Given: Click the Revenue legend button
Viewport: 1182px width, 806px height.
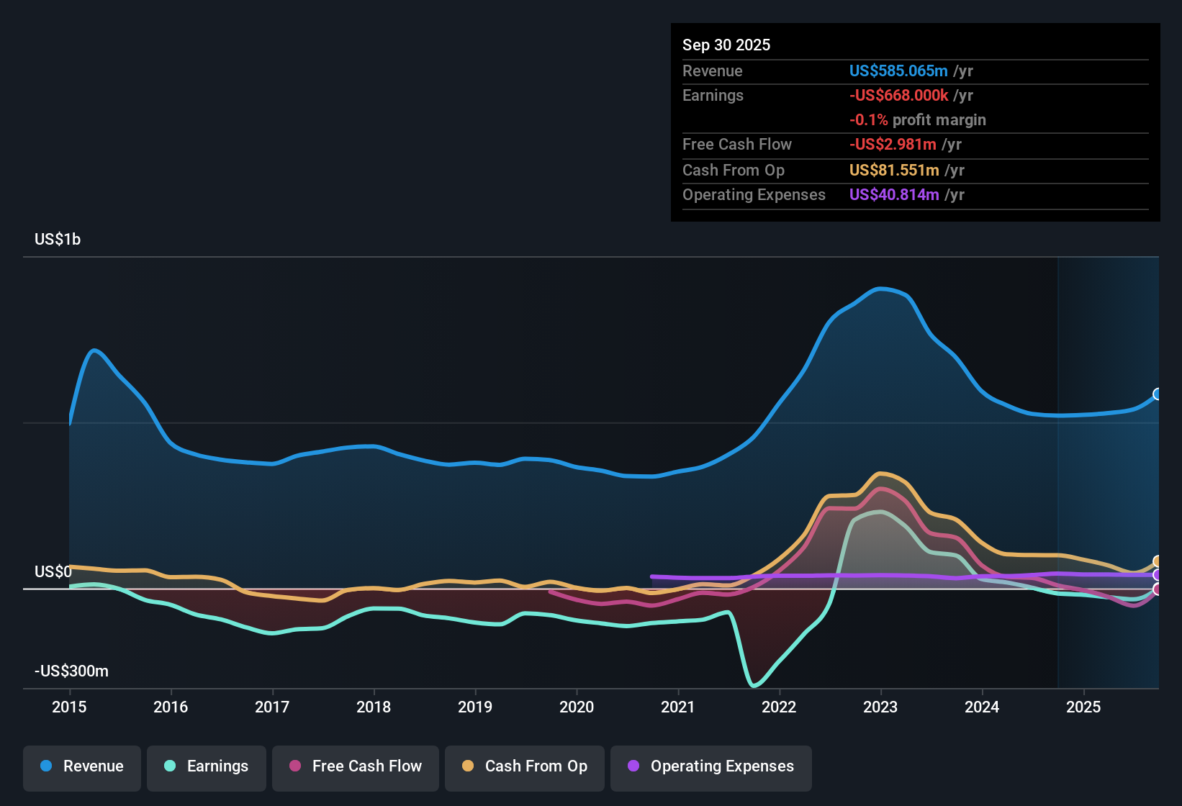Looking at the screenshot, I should pyautogui.click(x=82, y=766).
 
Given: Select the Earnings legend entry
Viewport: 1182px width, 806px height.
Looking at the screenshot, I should pyautogui.click(x=207, y=766).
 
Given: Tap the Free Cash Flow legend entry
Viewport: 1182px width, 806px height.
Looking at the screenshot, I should pyautogui.click(x=356, y=766).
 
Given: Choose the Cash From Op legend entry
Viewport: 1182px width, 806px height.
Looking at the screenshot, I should pyautogui.click(x=525, y=766).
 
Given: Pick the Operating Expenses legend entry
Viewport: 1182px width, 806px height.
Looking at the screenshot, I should pyautogui.click(x=711, y=766).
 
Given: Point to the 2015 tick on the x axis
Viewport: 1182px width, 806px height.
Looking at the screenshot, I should pyautogui.click(x=69, y=707).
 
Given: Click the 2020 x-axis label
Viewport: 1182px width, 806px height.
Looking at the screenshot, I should pyautogui.click(x=577, y=707).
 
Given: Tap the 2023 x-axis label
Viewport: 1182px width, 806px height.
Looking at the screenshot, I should pyautogui.click(x=880, y=707).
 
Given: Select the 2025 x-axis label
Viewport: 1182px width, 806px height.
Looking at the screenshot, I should pyautogui.click(x=1083, y=707).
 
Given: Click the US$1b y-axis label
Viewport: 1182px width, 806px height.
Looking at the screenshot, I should pyautogui.click(x=58, y=239).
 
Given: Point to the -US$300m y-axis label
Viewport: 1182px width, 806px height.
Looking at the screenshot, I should pyautogui.click(x=71, y=671).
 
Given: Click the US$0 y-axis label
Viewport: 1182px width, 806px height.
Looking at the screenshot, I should pyautogui.click(x=53, y=571).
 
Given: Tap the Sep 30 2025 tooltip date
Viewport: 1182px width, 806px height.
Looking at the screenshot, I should pyautogui.click(x=726, y=45).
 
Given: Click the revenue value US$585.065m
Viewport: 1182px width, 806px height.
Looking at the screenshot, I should pyautogui.click(x=898, y=71).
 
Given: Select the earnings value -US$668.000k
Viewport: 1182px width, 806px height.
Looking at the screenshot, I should pyautogui.click(x=898, y=95).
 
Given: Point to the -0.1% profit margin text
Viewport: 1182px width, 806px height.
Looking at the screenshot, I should pyautogui.click(x=917, y=119).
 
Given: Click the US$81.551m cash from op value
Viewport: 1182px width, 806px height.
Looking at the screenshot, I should pyautogui.click(x=893, y=170).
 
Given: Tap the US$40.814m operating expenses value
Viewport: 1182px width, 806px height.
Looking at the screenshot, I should pyautogui.click(x=893, y=194).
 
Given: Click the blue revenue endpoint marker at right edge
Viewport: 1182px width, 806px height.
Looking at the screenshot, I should pyautogui.click(x=1158, y=394).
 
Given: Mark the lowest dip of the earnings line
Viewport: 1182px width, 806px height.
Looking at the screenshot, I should pyautogui.click(x=754, y=685).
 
